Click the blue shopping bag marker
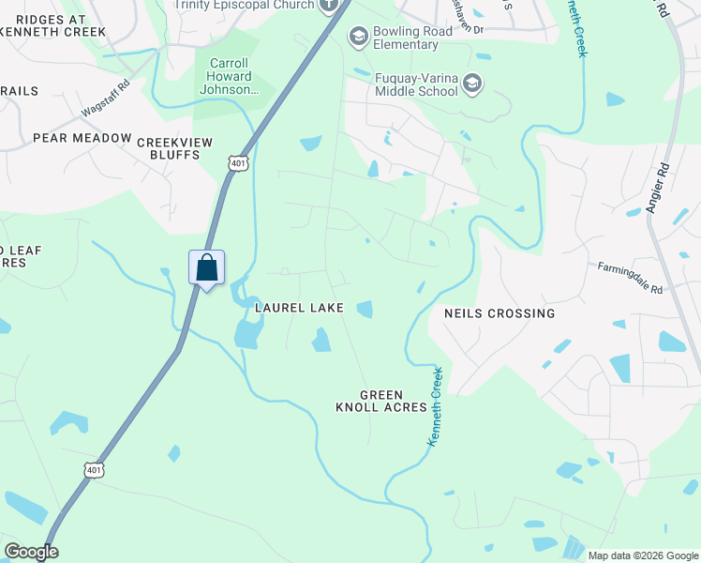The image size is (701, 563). pos(206,268)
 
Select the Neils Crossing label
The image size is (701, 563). pos(500,313)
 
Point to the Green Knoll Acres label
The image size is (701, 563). pos(381,402)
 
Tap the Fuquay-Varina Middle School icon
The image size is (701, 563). pos(473,84)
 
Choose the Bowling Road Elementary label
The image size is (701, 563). pos(418,38)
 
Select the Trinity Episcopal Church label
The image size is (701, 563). pos(245,4)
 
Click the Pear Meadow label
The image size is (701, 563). pos(82,138)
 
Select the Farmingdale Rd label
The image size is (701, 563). pos(631,279)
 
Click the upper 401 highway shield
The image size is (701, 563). pos(238,162)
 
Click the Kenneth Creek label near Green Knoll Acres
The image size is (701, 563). pos(436,404)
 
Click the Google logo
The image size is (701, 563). pos(31,552)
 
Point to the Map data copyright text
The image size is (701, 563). pos(642,555)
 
